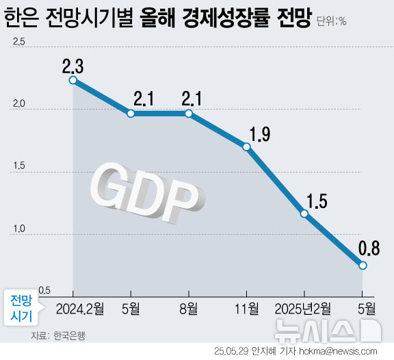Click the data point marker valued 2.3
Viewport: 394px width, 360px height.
pyautogui.click(x=73, y=80)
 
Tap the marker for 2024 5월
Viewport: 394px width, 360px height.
pyautogui.click(x=130, y=113)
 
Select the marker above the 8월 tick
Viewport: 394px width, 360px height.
pyautogui.click(x=188, y=113)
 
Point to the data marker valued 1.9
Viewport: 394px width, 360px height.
pyautogui.click(x=246, y=146)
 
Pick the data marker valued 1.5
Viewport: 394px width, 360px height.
pyautogui.click(x=304, y=214)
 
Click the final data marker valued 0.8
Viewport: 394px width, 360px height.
pyautogui.click(x=363, y=265)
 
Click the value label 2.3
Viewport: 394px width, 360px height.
pyautogui.click(x=73, y=66)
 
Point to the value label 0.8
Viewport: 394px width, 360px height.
pyautogui.click(x=368, y=247)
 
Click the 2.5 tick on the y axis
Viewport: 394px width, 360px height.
pyautogui.click(x=18, y=42)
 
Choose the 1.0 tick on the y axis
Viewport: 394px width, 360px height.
pyautogui.click(x=18, y=229)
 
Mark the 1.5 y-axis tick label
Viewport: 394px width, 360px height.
pyautogui.click(x=18, y=166)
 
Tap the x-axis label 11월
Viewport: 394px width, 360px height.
pyautogui.click(x=247, y=308)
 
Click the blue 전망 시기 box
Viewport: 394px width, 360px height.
pyautogui.click(x=21, y=309)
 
